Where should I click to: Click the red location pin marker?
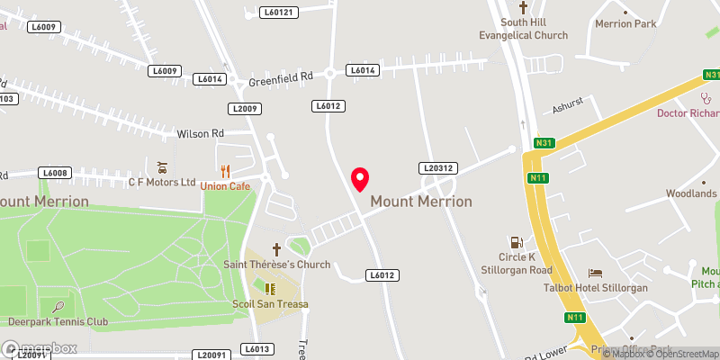point(360,178)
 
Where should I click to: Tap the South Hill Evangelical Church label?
point(522,28)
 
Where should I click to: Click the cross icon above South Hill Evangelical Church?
point(523,7)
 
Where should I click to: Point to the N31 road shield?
point(543,142)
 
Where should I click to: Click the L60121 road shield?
point(278,13)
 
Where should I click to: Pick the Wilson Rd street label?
point(200,133)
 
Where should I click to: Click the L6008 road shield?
point(55,172)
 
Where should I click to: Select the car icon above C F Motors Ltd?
point(162,167)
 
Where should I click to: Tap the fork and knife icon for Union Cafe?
point(225,170)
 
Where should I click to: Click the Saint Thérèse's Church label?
point(276,265)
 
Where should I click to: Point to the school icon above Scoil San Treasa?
point(269,288)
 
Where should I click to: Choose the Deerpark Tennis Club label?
point(58,321)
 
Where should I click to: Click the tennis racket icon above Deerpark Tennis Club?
point(58,306)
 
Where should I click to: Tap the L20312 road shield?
point(439,167)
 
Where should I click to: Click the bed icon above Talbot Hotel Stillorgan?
point(594,273)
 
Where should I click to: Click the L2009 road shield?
point(244,109)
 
